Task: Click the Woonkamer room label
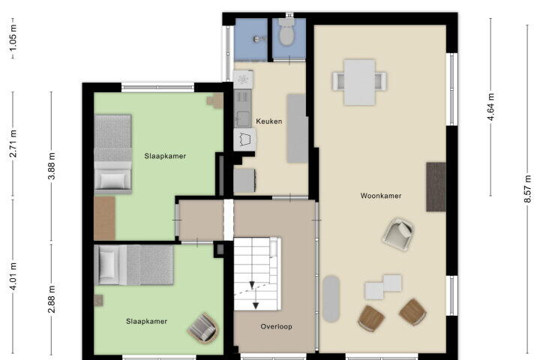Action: coord(381,196)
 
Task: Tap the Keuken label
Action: coord(269,121)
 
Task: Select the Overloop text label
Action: coord(277,326)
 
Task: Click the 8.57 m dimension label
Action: coord(528,189)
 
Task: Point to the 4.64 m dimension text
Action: coord(491,106)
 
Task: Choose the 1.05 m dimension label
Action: coord(13,37)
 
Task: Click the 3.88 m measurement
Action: coord(51,166)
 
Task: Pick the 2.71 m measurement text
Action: coord(13,144)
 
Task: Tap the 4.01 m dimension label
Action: coord(13,276)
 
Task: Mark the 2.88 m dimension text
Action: coord(51,299)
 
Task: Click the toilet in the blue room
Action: coord(286,32)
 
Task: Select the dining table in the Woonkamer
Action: coord(359,82)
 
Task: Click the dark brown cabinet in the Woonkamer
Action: coord(436,187)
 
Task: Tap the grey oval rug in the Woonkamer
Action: coord(331,298)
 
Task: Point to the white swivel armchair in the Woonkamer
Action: coord(398,234)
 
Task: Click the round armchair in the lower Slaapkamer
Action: coord(203,328)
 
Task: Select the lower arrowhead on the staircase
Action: coord(256,305)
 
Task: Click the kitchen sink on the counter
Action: coord(243,118)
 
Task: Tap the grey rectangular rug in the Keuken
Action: coord(297,128)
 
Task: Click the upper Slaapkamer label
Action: coord(165,156)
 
